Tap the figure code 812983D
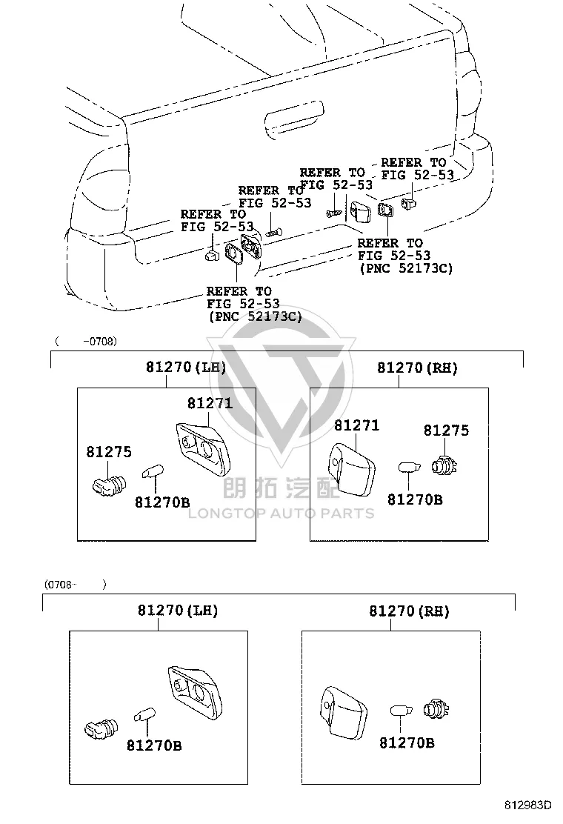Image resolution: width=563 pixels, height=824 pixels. [x=528, y=805]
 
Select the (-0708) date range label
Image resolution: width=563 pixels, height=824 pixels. [x=86, y=341]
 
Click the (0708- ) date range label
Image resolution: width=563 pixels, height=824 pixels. [x=75, y=585]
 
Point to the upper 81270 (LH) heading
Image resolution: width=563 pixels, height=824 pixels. [x=186, y=367]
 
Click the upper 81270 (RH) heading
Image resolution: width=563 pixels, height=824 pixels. [x=417, y=368]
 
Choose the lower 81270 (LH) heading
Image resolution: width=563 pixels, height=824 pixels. [x=178, y=610]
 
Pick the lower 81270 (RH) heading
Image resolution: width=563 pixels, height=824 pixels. [x=409, y=611]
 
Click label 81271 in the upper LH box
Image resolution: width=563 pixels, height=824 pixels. [x=210, y=403]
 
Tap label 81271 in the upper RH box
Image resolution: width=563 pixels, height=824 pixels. [x=356, y=425]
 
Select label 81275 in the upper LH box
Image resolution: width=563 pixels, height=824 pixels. [x=109, y=452]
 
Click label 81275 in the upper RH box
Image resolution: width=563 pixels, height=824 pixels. [x=447, y=431]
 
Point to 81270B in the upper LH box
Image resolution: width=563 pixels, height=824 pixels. [x=162, y=502]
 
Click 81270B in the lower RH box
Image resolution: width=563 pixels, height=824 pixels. [x=407, y=742]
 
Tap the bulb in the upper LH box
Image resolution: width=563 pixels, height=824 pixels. [x=153, y=471]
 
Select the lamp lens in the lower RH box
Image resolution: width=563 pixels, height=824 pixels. [x=344, y=711]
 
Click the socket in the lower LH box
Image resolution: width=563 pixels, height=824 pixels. [x=101, y=728]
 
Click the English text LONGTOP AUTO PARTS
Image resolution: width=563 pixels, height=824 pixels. [x=281, y=514]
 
